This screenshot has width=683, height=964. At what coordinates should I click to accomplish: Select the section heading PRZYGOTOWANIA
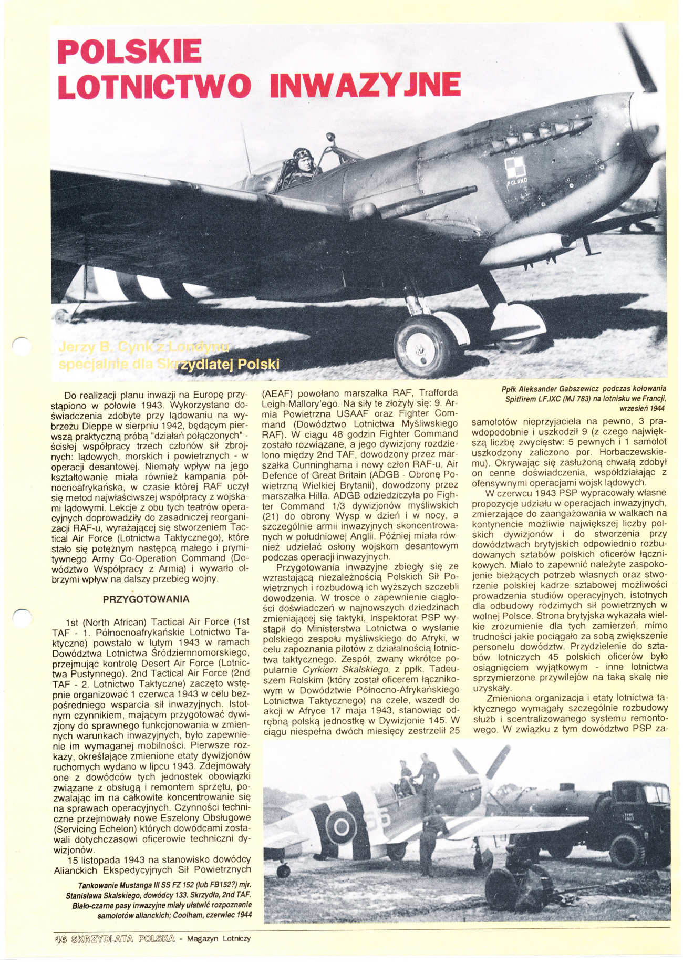click(146, 599)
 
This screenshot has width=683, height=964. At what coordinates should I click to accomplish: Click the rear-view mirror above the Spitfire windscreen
click(330, 138)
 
